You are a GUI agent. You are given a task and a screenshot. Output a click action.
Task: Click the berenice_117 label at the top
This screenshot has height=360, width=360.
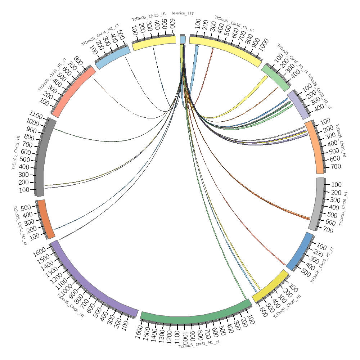183,13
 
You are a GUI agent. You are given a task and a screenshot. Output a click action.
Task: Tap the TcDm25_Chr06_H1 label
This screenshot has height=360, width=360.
71,305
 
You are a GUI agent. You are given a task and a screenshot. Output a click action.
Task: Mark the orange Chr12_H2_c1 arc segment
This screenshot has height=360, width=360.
46,219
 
